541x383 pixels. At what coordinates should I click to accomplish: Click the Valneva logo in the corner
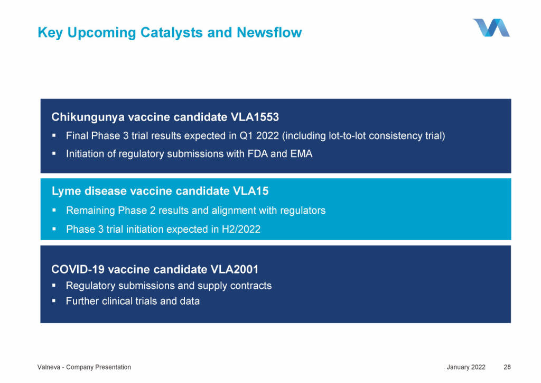tap(491, 28)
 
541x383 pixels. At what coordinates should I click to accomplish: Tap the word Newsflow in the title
tap(269, 32)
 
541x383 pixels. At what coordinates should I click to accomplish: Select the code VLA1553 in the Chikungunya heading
tap(255, 117)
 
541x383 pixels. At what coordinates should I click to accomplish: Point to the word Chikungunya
tap(88, 117)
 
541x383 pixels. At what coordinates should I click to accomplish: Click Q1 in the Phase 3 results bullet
tap(246, 136)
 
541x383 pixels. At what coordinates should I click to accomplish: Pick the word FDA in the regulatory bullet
tap(257, 154)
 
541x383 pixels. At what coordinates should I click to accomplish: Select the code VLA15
tap(250, 191)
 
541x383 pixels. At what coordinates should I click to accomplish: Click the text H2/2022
tap(241, 229)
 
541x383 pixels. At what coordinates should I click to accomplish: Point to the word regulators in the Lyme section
tap(303, 211)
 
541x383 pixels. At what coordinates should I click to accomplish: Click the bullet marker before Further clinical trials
tap(54, 301)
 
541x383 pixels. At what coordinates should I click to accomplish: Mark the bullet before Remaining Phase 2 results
tap(54, 210)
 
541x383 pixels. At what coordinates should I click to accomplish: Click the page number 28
tap(507, 367)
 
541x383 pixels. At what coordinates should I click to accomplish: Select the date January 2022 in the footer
tap(466, 367)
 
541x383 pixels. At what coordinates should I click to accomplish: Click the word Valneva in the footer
tap(49, 367)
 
